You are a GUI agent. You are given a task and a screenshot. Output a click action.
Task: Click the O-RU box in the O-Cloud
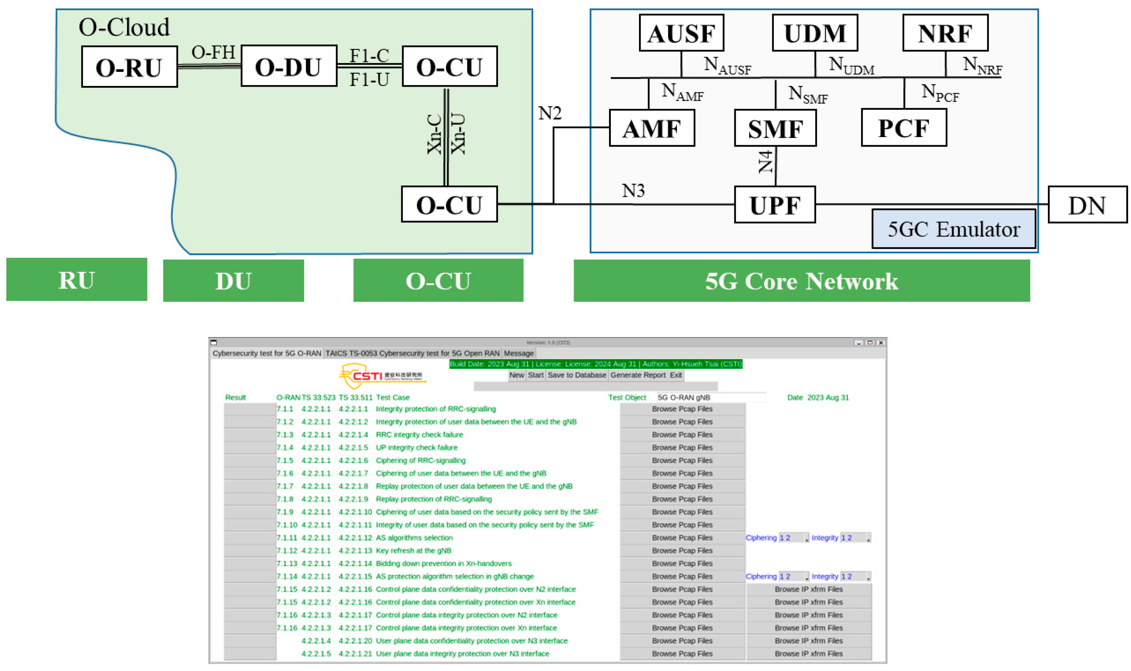(129, 66)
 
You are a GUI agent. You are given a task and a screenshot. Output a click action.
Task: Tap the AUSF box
(681, 33)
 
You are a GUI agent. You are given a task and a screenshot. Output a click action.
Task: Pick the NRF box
(945, 33)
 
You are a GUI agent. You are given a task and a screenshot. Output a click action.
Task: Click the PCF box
(903, 128)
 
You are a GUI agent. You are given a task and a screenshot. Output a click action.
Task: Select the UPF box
(774, 204)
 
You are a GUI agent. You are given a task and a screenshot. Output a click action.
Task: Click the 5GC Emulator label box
(953, 229)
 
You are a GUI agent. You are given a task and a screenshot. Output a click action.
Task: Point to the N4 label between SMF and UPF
(765, 162)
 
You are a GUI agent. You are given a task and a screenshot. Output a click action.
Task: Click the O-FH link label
(213, 52)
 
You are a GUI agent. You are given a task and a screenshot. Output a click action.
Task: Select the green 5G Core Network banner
(801, 280)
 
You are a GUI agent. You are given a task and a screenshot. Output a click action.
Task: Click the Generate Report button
(638, 375)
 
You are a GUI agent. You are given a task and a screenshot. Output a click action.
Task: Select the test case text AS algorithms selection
(414, 537)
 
